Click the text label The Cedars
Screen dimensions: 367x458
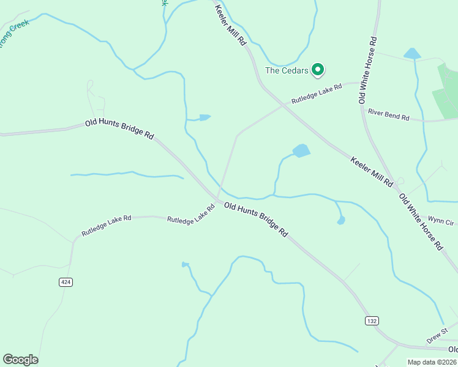coord(287,70)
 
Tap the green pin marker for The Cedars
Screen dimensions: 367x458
coord(318,70)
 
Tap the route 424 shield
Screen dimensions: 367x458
coord(66,282)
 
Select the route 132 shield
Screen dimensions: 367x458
coord(372,321)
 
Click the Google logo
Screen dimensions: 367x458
coord(20,360)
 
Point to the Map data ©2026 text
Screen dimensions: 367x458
coord(431,362)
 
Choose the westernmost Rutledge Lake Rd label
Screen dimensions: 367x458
coord(106,226)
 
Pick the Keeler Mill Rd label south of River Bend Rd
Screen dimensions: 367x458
coord(372,171)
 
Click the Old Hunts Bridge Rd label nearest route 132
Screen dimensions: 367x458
coord(256,220)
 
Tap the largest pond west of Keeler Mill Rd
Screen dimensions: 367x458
coord(301,150)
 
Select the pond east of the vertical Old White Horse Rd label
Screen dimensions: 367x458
coord(412,54)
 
